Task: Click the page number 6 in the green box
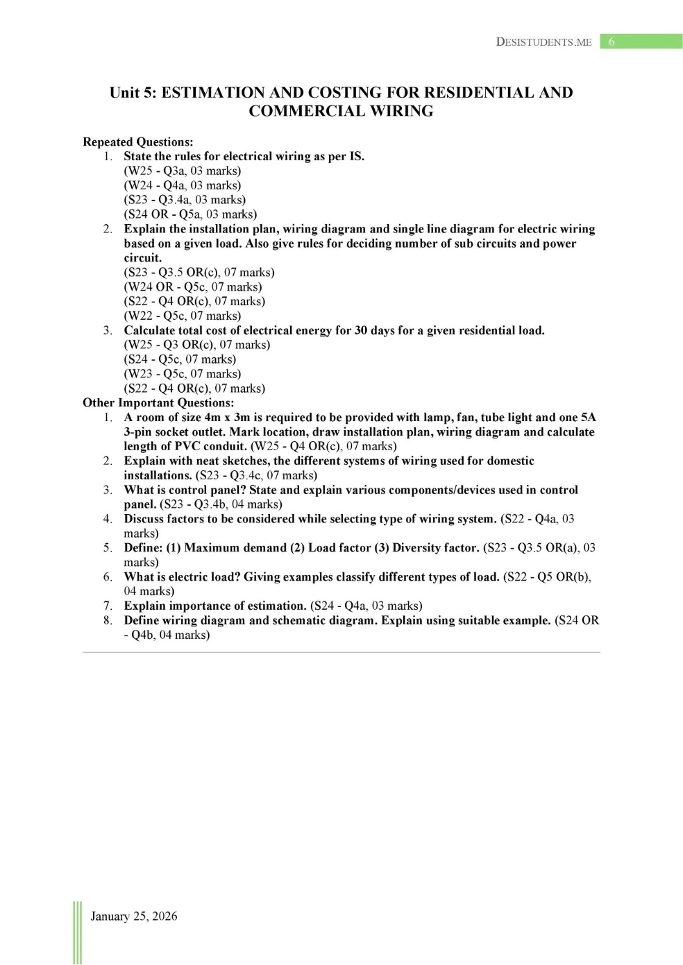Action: coord(612,42)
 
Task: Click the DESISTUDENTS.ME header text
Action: coord(543,42)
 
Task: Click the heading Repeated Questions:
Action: coord(137,142)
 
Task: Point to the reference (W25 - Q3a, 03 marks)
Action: coord(183,171)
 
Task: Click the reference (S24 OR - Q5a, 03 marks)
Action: coord(190,214)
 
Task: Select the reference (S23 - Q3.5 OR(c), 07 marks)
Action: coord(199,273)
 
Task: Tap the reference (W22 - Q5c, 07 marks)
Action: coord(183,316)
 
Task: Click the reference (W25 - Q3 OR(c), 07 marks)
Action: coord(197,345)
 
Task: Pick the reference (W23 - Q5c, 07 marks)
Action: coord(183,374)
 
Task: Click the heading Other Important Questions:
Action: coord(158,403)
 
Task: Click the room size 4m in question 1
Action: coord(212,418)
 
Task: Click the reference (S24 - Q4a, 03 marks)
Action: coord(366,606)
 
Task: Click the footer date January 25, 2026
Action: coord(134,916)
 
